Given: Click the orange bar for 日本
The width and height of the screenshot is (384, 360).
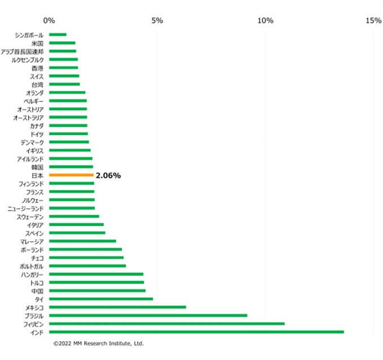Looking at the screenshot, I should point(71,176).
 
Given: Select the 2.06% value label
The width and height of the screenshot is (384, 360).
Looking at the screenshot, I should point(108,176).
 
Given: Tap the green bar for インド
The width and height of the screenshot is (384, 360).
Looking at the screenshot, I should point(197,332).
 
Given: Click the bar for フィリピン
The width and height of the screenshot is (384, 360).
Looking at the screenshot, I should point(167,324).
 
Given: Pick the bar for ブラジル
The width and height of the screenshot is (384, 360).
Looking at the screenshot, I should point(148,315).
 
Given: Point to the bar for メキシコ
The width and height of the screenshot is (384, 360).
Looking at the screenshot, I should point(117,307).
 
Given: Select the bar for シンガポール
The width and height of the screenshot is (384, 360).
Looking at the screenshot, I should point(58,34).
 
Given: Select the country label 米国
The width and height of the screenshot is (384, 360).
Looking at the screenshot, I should point(37,43).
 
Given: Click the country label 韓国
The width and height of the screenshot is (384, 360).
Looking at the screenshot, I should point(37,167).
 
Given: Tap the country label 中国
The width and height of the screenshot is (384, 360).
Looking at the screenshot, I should point(37,290).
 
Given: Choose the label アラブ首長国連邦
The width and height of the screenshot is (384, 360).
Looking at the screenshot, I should point(23,51).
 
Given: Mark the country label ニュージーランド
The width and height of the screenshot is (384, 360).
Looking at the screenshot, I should point(26,209).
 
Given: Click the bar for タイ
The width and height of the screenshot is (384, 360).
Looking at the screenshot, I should point(101,299).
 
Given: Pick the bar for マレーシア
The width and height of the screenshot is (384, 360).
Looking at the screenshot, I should point(82,241).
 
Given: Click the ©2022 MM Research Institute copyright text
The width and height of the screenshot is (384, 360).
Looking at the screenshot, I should point(98,343).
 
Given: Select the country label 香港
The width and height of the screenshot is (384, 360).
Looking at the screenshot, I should point(37,68).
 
